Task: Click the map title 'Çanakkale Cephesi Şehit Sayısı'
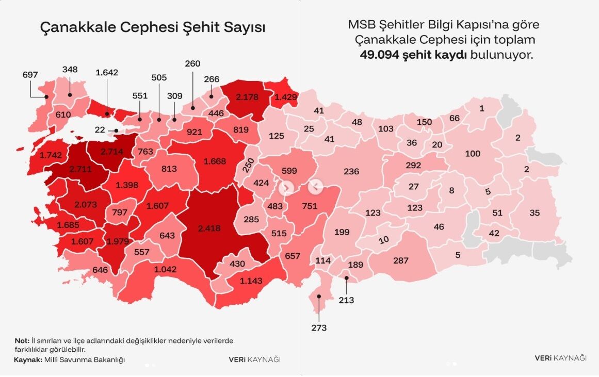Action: pos(153,28)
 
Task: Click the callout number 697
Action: pos(30,75)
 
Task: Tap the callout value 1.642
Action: pos(107,72)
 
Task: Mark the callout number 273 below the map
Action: pos(319,327)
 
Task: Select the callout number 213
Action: pos(347,300)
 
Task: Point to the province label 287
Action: pos(401,261)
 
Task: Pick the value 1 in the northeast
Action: pos(482,108)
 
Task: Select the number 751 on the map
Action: pos(309,206)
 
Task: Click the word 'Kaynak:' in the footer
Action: pos(28,359)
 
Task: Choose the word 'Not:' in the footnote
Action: pos(21,341)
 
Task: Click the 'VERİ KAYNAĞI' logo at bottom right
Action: pos(560,358)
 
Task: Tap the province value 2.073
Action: pos(85,204)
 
